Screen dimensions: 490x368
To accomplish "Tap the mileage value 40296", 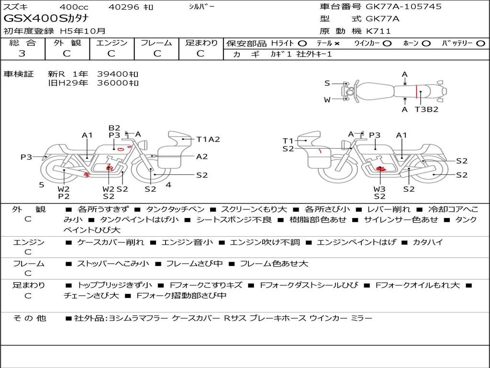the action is [x=123, y=7].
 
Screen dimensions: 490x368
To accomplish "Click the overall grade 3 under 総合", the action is [x=22, y=54].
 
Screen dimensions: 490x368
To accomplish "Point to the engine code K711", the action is [x=378, y=31].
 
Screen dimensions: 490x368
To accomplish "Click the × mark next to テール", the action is [x=336, y=44].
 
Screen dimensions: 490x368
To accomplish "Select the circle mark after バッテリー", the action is [x=480, y=44].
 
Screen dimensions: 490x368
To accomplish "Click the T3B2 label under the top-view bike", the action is [x=426, y=109].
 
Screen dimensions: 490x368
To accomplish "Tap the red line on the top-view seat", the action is [x=416, y=92].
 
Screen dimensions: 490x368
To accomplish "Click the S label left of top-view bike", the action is [x=327, y=83].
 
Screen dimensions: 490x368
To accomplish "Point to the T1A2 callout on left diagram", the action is [x=208, y=139].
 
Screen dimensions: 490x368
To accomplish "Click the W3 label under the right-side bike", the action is [x=379, y=189].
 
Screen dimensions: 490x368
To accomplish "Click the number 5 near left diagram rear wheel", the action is [x=42, y=184].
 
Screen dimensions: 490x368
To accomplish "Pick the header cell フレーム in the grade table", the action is [x=156, y=43].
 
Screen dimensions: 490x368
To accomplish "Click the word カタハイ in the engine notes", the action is [x=427, y=242].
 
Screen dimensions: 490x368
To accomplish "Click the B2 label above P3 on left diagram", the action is [x=114, y=128].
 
